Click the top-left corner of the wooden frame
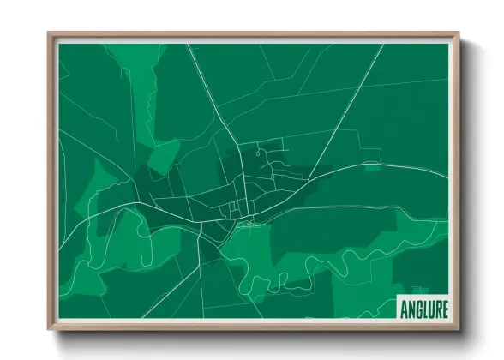click(x=50, y=35)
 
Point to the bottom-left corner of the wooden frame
click(x=50, y=328)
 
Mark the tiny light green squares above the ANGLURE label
click(x=417, y=291)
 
